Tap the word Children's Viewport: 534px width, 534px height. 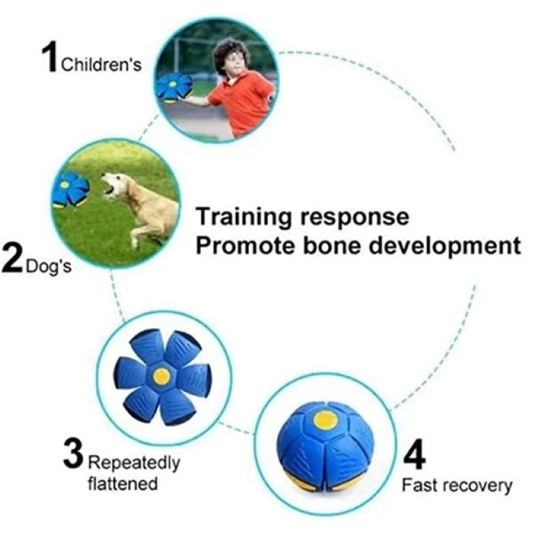click(x=101, y=65)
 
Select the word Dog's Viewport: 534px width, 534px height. click(x=49, y=266)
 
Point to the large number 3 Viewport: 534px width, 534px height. click(x=73, y=453)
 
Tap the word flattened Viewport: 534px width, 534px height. click(x=122, y=484)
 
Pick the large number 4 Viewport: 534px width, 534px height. click(x=414, y=454)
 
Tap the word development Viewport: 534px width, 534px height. click(x=445, y=247)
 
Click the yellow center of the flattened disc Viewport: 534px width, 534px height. click(x=161, y=376)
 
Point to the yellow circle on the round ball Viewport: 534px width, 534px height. click(x=325, y=419)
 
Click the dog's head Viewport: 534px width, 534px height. click(x=114, y=185)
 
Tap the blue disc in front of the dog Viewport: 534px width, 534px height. click(x=70, y=190)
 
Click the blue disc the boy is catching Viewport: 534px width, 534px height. click(x=174, y=87)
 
